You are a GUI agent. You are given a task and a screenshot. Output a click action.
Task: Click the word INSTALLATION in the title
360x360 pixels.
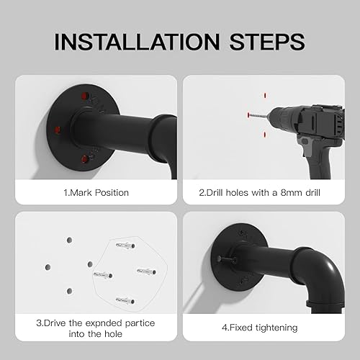coord(137,42)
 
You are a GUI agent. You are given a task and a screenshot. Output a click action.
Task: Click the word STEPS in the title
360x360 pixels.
coord(267,42)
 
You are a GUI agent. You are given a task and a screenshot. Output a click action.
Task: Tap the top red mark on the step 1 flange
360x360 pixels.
coord(84,96)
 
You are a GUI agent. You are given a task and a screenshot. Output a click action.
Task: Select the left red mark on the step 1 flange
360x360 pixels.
coord(57,130)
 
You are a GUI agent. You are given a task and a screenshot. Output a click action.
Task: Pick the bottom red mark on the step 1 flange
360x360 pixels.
coord(84,159)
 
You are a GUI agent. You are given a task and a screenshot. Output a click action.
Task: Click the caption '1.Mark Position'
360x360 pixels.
coord(96,193)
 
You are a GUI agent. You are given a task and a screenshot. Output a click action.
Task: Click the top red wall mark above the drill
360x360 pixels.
coord(265,96)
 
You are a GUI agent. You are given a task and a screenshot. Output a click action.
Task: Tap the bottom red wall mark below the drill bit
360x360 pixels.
coord(265,135)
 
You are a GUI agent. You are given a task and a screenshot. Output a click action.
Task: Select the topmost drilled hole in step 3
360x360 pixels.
coord(69,240)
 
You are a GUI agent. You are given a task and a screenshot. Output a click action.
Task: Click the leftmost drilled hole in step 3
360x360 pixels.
coord(48,267)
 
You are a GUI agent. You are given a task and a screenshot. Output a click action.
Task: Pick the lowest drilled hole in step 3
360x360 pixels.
coord(69,291)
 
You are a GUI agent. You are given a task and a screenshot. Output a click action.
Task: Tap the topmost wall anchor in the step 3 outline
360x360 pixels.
coord(125,246)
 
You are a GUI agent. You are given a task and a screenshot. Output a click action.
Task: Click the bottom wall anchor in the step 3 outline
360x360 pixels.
coord(125,300)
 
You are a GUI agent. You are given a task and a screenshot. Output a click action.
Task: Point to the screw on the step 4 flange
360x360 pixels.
coord(226,259)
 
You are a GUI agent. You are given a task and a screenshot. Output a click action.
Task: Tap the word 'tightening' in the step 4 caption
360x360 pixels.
coord(276,328)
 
